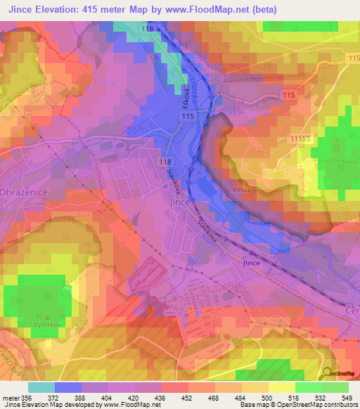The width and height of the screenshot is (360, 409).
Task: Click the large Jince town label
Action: (x=181, y=202)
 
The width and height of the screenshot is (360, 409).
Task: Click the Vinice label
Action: (x=243, y=189)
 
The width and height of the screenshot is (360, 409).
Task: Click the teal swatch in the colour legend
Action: (x=41, y=387)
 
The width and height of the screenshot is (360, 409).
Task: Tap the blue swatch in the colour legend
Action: (x=67, y=387)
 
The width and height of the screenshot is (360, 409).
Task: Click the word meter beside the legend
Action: (x=12, y=398)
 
